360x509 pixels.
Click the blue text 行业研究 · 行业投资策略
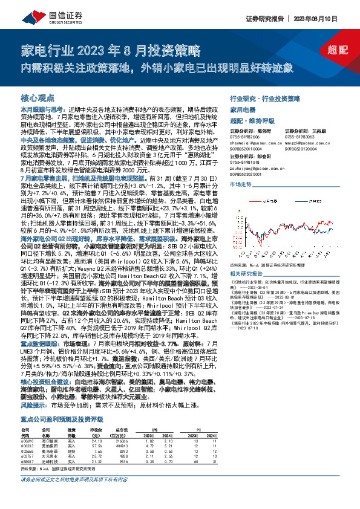[265, 97]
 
